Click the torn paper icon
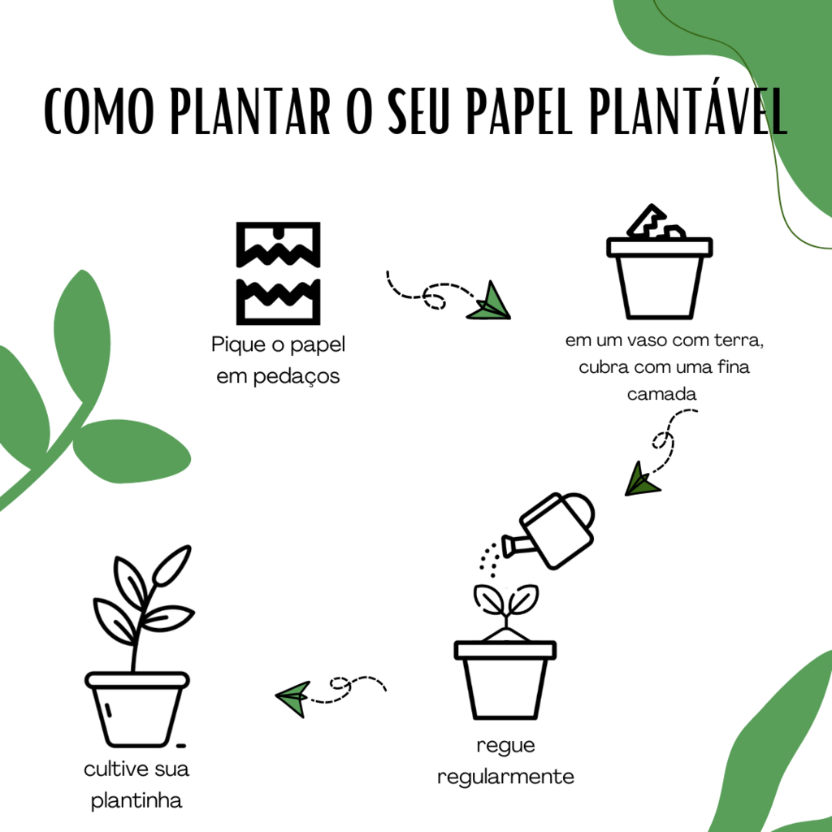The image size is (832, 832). click(278, 272)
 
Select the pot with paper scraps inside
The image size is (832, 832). click(659, 276)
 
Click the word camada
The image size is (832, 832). click(662, 395)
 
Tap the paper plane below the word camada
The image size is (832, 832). click(642, 479)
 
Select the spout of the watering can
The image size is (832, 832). click(516, 544)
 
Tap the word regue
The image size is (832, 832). click(505, 745)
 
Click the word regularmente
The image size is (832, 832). click(505, 777)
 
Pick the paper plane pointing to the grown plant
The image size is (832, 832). click(293, 697)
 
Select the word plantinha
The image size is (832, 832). click(136, 801)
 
